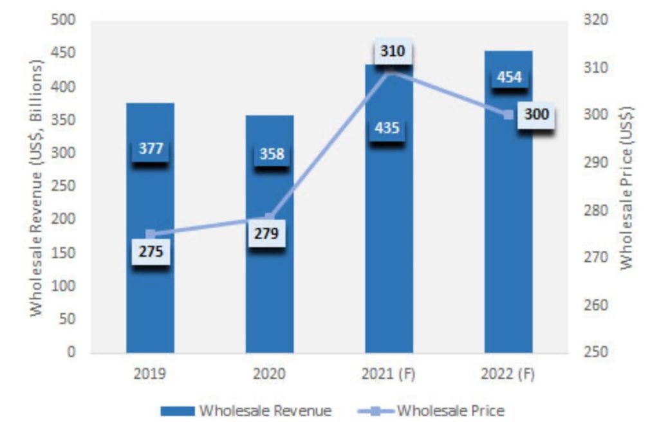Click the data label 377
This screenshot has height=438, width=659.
(x=151, y=149)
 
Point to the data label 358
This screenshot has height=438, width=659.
(x=271, y=154)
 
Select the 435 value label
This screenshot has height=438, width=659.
(x=387, y=128)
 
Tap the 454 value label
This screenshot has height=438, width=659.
(x=508, y=77)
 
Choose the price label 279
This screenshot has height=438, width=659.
(x=266, y=233)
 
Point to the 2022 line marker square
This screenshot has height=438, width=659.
(x=508, y=114)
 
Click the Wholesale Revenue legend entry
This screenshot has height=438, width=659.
(x=248, y=411)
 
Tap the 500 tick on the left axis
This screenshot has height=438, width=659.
(x=64, y=21)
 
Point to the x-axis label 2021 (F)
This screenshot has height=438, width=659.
(x=389, y=374)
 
